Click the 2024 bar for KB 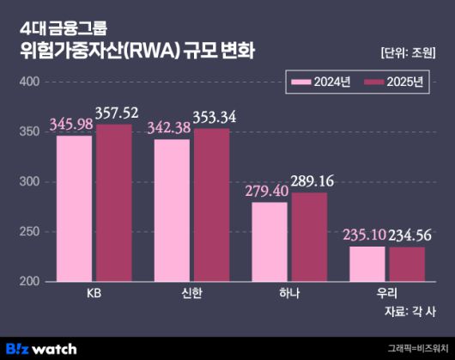pos(74,209)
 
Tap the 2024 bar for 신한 pos(172,211)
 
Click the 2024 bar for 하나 pos(270,241)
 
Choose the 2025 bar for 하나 pos(309,237)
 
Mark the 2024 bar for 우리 pos(367,264)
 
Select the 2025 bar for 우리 pos(407,264)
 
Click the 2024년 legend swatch pos(301,82)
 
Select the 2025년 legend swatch pos(373,82)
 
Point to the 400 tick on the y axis pos(29,82)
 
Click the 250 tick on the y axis pos(29,232)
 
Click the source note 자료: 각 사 pos(409,312)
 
